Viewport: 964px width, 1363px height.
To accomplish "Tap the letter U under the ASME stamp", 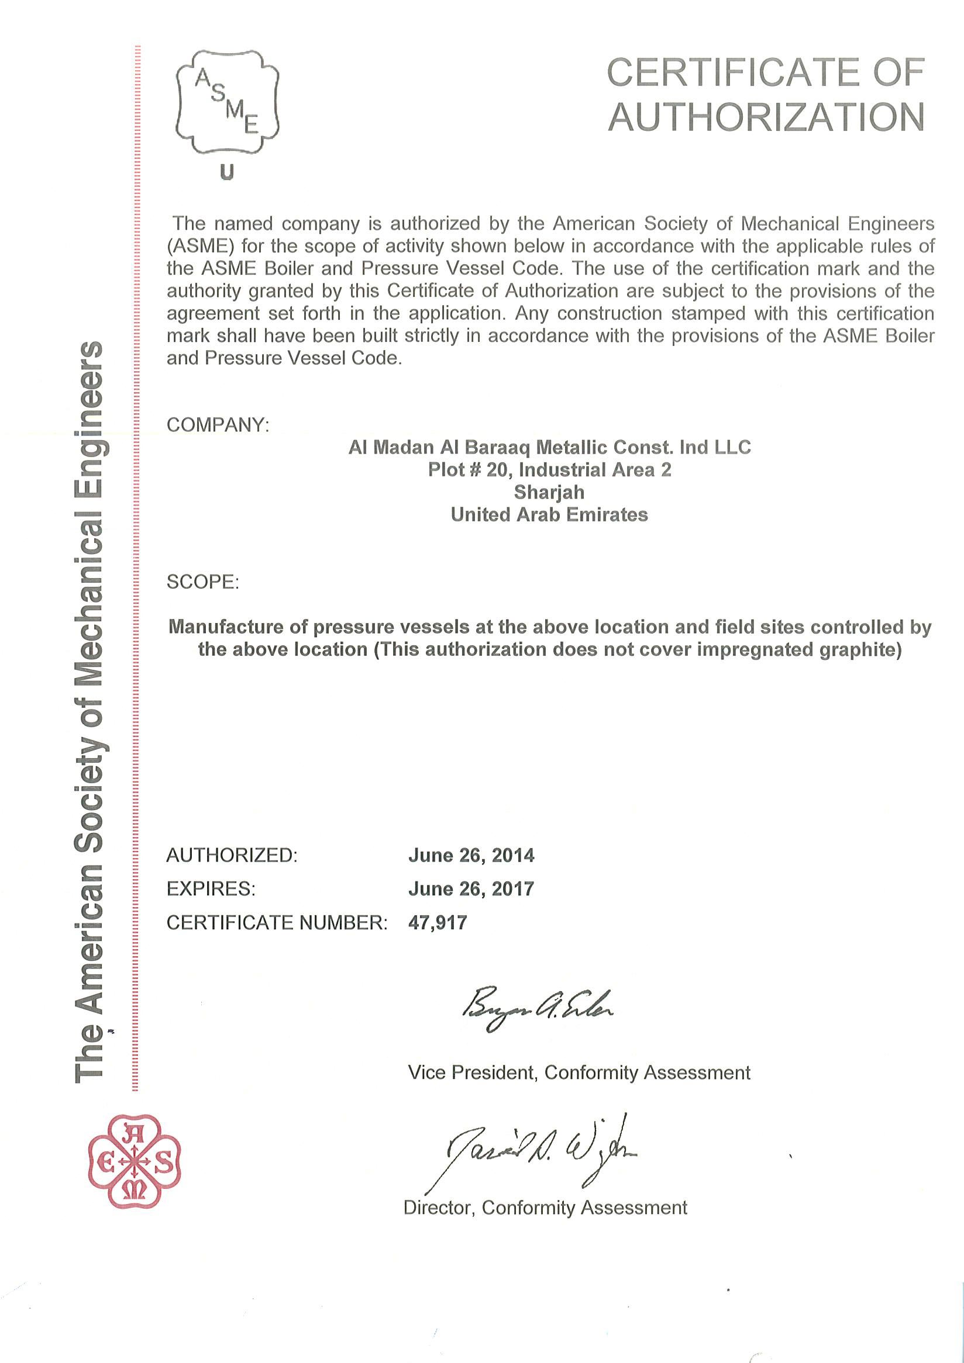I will (x=227, y=173).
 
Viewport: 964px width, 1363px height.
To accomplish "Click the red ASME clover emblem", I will (x=134, y=1161).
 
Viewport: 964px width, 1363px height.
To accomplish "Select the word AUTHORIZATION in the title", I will (x=766, y=117).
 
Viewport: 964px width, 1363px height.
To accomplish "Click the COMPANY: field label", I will (x=218, y=425).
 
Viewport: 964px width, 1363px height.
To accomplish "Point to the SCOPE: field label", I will (x=202, y=582).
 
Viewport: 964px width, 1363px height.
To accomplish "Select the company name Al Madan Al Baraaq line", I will (x=549, y=447).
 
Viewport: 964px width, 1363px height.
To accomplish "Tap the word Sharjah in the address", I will (x=549, y=492).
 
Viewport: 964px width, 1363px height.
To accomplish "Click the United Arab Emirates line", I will (x=549, y=514).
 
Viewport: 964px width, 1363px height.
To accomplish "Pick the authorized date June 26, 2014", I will (x=471, y=856).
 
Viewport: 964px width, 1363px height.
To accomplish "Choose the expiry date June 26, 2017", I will (x=471, y=888).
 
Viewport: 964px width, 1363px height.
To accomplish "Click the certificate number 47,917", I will (x=438, y=922).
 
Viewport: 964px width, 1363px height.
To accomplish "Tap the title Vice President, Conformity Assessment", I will (x=579, y=1073).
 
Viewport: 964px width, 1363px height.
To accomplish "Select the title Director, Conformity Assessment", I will (x=545, y=1208).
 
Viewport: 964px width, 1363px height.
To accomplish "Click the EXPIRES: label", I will (x=211, y=888).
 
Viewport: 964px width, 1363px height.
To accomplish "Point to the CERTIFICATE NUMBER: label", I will (x=277, y=922).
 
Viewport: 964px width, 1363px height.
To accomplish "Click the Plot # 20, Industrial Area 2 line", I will (x=549, y=469).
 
